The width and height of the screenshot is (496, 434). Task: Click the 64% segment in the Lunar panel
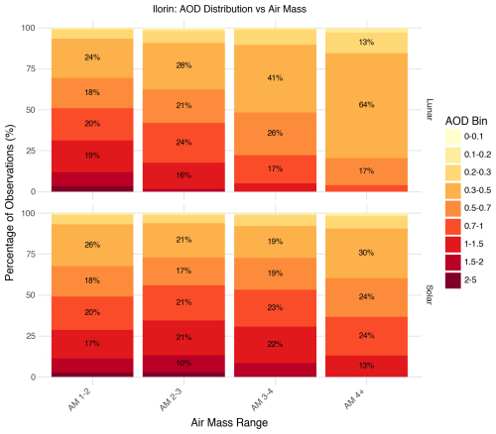click(366, 106)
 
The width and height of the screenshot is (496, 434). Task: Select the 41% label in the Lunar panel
click(275, 78)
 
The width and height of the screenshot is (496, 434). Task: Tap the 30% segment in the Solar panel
click(366, 254)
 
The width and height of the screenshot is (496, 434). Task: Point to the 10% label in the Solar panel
click(184, 363)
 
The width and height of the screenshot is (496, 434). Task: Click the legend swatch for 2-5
click(452, 280)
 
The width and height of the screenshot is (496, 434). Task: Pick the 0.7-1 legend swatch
click(452, 226)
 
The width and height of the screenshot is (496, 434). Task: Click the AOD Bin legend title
click(466, 121)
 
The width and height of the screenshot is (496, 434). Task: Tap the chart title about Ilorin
click(229, 9)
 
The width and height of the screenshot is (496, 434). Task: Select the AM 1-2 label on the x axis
click(79, 400)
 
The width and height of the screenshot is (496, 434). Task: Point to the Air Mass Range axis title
click(229, 423)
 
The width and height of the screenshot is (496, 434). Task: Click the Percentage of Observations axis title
click(10, 202)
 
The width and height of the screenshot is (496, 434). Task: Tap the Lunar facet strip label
click(430, 110)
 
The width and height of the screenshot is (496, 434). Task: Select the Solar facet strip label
click(430, 295)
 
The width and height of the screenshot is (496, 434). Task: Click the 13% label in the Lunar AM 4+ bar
click(366, 42)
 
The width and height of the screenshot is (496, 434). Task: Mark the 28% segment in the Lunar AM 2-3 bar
click(184, 66)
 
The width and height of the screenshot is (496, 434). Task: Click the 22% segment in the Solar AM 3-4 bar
click(275, 345)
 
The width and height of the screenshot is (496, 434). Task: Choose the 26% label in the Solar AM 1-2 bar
click(92, 245)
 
